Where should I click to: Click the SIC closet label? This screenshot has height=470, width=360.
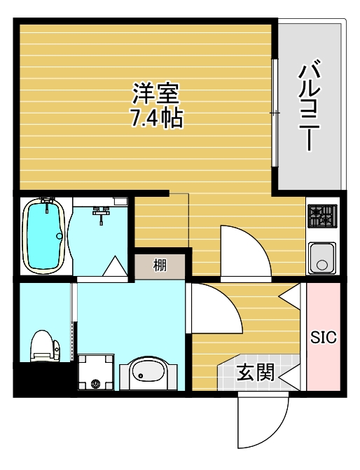click(324, 337)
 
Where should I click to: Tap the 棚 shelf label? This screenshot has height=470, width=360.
click(160, 265)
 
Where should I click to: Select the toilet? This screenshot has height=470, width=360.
click(44, 346)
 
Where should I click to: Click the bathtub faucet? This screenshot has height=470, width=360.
click(48, 203)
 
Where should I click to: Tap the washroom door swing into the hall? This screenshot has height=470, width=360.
click(214, 308)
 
